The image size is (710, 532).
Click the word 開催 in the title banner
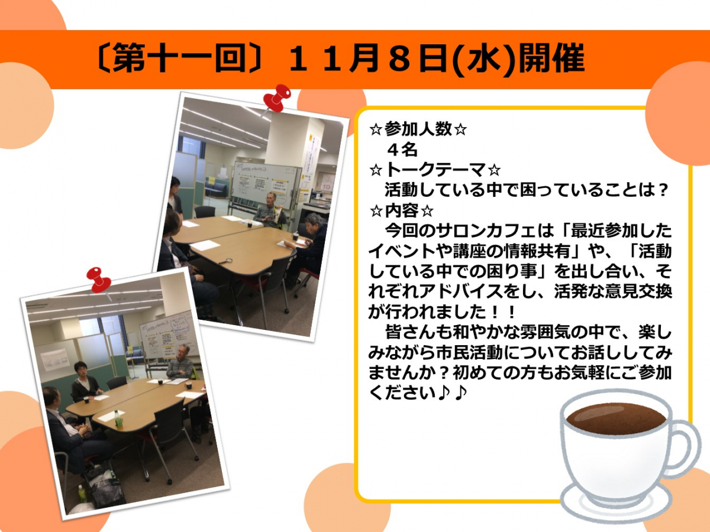[x=552, y=59]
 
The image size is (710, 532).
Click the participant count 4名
[x=402, y=149]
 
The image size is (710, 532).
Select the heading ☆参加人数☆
[x=418, y=129]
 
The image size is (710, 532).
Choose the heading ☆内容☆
[x=401, y=210]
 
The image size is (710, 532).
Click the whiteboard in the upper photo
[x=266, y=184]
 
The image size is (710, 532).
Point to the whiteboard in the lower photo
[x=168, y=336]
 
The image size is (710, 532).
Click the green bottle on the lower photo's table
[x=118, y=419]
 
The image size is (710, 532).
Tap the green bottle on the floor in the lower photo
[x=82, y=494]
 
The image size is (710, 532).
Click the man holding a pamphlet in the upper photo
[x=269, y=212]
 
